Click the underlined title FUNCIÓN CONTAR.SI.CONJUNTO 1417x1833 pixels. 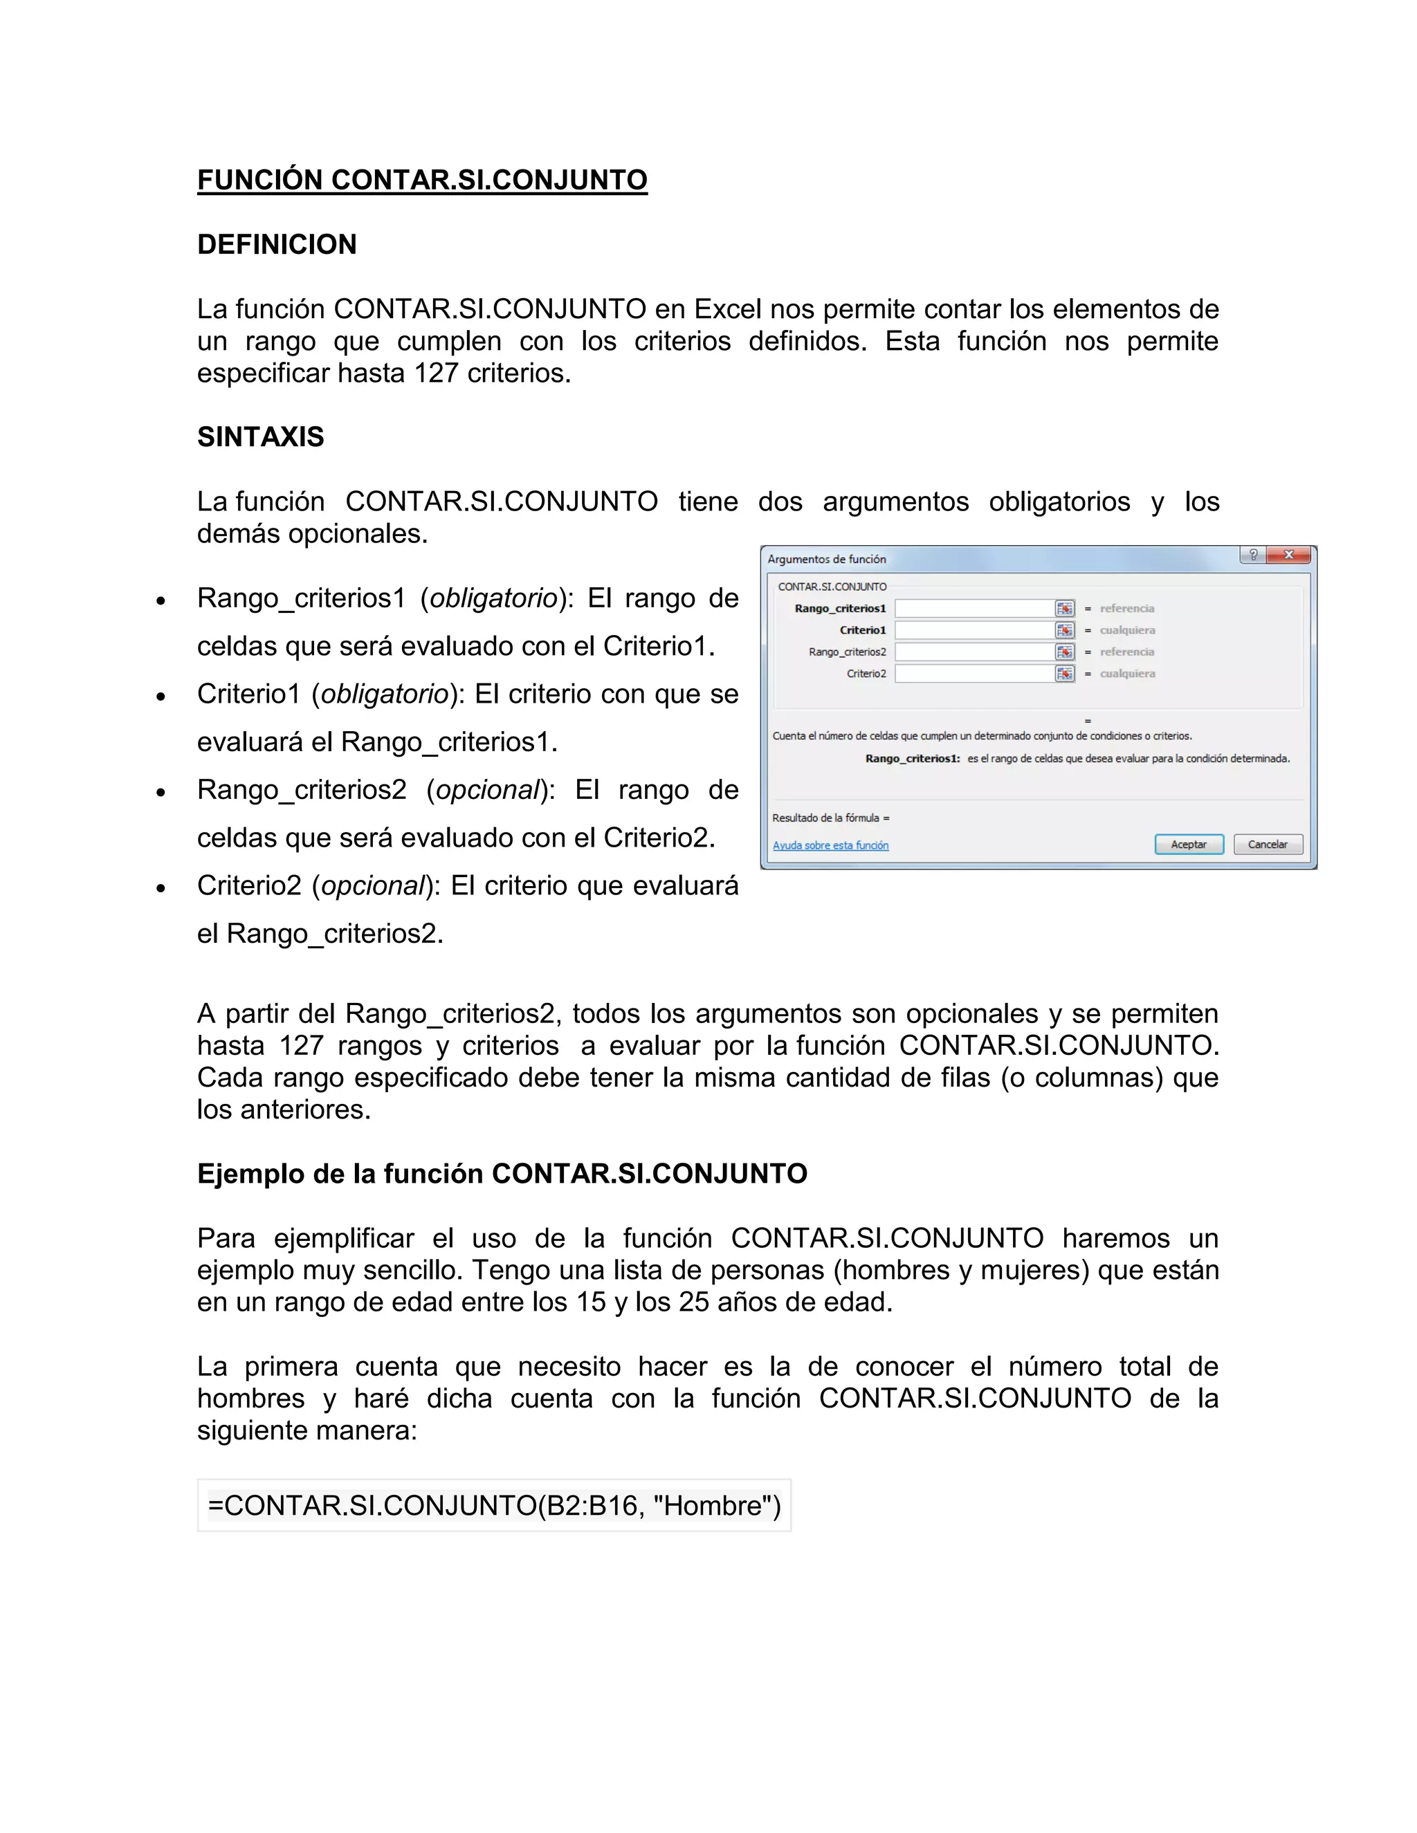point(422,180)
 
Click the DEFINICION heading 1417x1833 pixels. point(277,244)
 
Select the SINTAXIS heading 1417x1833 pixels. point(260,436)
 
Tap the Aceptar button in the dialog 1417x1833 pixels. point(1189,845)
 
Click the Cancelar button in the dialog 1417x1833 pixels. point(1268,845)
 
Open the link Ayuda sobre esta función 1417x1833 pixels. point(830,845)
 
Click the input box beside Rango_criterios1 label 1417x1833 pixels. point(973,609)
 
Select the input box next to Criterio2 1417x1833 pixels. point(973,674)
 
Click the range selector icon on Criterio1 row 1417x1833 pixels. point(1064,630)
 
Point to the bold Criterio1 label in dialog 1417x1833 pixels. point(862,630)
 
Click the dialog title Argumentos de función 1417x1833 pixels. point(826,559)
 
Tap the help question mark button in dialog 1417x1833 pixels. point(1252,555)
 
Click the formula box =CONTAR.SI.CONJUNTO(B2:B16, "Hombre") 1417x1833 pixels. point(495,1506)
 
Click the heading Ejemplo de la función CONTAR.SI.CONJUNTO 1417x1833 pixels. point(502,1173)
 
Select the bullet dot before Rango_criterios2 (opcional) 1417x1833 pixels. point(161,792)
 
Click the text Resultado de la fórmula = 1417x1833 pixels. point(830,818)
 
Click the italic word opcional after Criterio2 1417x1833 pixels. point(374,885)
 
